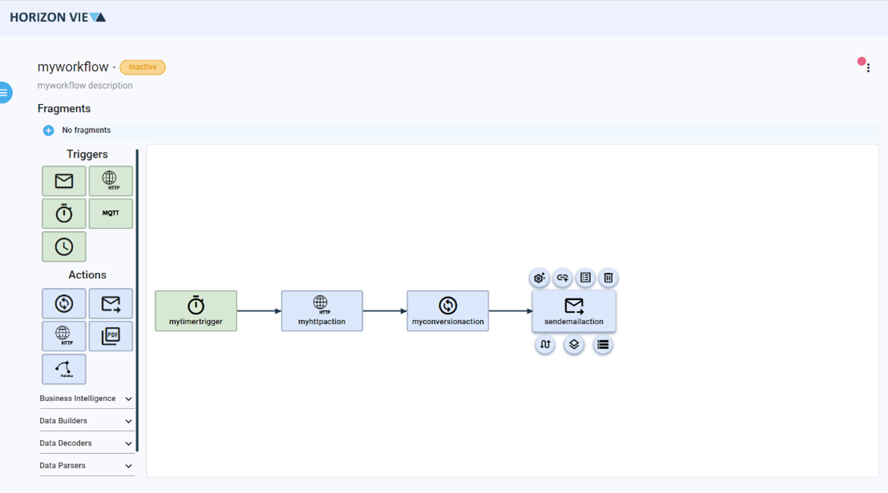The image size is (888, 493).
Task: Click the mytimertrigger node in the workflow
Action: pos(196,311)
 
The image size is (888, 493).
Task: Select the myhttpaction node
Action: pos(322,311)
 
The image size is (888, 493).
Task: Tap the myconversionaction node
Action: pos(448,311)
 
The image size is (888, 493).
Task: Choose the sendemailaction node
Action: pos(574,311)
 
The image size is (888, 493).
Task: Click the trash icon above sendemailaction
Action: pos(609,278)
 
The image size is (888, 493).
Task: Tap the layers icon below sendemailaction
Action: pos(574,345)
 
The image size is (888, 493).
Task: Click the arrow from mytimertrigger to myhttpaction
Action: pos(259,311)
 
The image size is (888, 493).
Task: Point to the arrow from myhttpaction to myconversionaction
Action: pos(384,311)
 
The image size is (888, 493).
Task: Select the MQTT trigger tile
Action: pos(110,214)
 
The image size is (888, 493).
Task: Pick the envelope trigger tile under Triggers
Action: pos(64,181)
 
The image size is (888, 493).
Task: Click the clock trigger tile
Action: pos(64,246)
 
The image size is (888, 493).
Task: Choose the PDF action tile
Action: pos(110,336)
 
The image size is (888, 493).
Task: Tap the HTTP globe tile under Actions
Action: pos(64,336)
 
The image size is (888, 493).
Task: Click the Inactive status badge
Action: pos(143,67)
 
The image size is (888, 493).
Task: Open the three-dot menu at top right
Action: pos(868,68)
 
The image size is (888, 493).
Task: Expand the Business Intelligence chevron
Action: pos(128,399)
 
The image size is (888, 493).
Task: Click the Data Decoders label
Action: pos(66,443)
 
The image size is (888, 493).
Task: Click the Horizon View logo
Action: pos(58,17)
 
